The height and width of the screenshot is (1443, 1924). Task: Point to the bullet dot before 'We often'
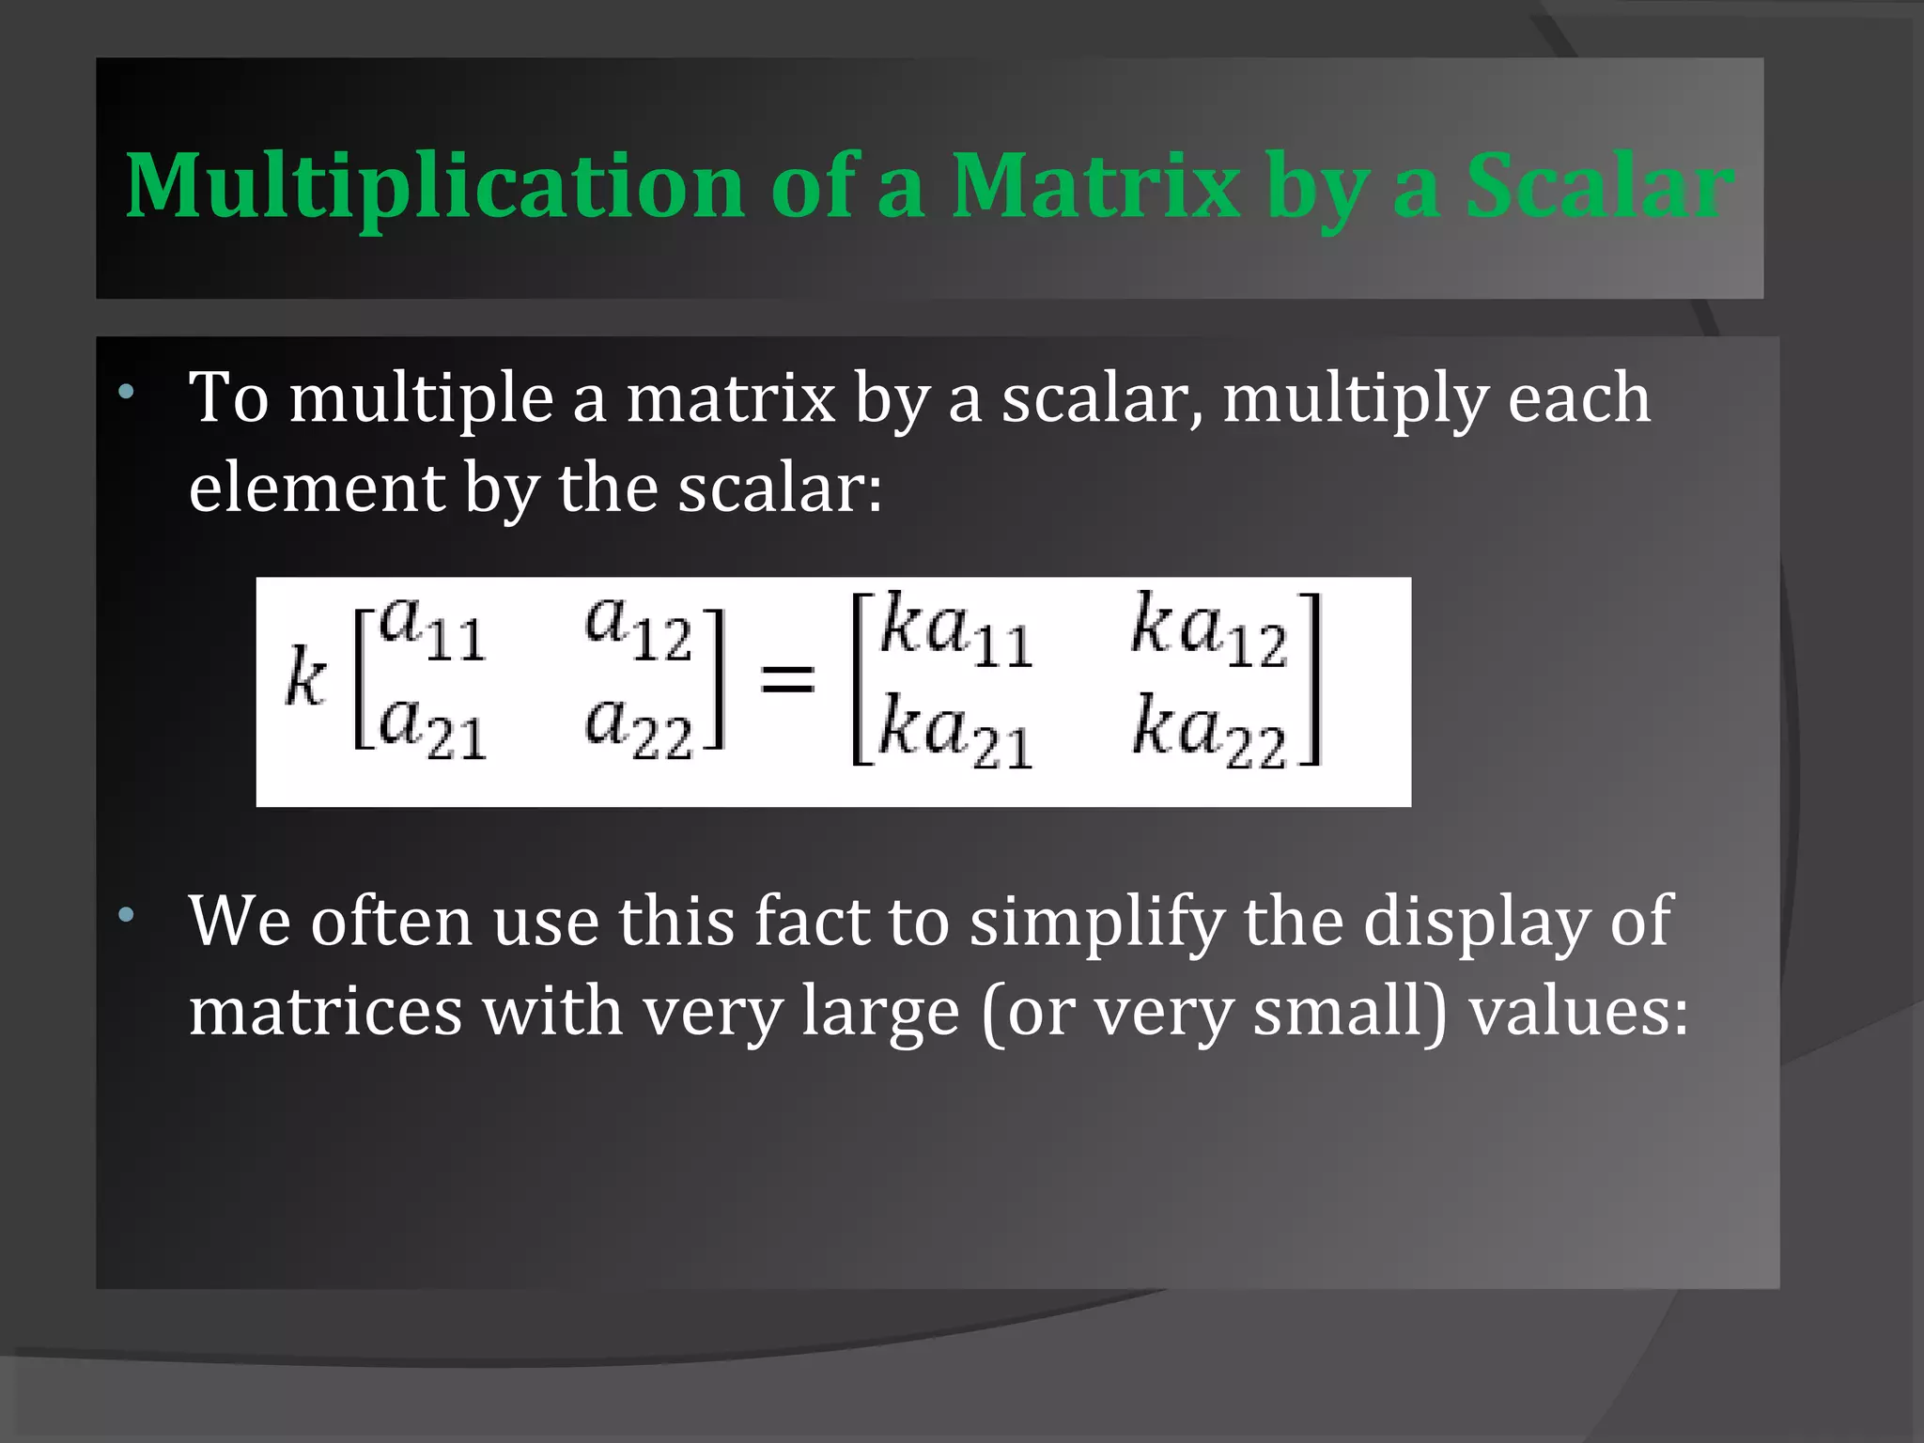[x=126, y=914]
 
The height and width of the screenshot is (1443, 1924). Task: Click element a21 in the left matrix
[x=433, y=729]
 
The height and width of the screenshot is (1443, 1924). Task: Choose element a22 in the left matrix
[x=638, y=729]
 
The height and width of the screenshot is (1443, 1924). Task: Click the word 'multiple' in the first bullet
[x=421, y=399]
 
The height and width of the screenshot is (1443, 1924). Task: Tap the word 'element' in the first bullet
[x=317, y=489]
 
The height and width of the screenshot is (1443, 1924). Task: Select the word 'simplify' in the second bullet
[x=1096, y=923]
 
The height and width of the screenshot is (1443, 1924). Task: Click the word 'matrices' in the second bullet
[x=325, y=1012]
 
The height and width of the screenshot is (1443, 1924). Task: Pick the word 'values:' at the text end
[x=1578, y=1012]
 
